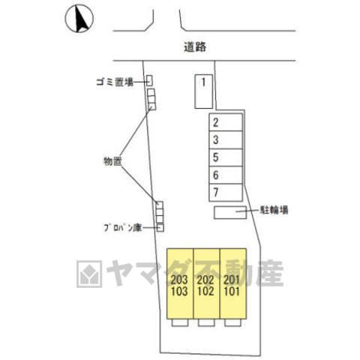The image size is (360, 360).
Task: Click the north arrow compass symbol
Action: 79,19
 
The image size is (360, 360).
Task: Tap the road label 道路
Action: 195,46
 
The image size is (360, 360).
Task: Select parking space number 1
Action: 204,91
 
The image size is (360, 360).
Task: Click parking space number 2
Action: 226,122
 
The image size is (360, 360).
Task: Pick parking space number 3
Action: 226,139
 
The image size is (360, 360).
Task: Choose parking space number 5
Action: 226,157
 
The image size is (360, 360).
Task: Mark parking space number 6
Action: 226,175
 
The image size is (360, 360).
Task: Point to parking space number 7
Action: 226,193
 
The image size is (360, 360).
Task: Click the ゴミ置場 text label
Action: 115,82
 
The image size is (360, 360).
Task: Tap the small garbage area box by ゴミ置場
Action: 149,80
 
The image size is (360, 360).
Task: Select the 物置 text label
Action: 112,161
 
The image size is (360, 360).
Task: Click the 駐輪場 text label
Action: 274,210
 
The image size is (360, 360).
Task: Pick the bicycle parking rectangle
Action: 230,212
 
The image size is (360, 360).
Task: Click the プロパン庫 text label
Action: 123,228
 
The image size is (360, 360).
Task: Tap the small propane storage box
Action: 160,228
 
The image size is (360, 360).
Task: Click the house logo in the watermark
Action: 89,274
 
